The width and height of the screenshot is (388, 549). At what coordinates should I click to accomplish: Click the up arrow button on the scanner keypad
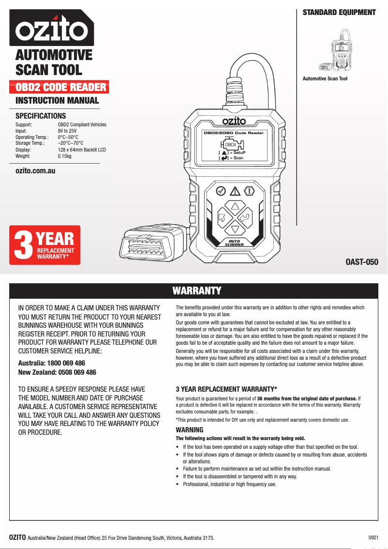(x=235, y=206)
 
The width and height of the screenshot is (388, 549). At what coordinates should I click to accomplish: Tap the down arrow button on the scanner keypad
(x=235, y=229)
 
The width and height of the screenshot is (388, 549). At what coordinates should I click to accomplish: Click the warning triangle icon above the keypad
(x=235, y=190)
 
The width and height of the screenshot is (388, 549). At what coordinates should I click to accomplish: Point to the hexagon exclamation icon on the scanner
(x=250, y=191)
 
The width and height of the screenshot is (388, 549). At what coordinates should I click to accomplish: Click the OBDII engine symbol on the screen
(x=232, y=145)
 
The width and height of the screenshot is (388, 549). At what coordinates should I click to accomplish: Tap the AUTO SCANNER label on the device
(x=234, y=243)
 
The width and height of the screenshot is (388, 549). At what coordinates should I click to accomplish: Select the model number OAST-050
(x=361, y=263)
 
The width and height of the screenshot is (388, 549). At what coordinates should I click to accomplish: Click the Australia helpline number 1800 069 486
(x=67, y=363)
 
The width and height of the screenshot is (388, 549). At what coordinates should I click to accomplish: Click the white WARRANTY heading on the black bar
(x=196, y=290)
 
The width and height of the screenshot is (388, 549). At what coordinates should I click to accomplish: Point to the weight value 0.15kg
(x=64, y=156)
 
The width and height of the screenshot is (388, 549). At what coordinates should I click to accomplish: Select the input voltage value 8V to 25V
(x=67, y=131)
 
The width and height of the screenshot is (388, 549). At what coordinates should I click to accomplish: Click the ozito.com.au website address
(x=35, y=171)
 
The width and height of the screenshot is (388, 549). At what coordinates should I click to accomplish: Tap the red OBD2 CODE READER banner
(x=60, y=88)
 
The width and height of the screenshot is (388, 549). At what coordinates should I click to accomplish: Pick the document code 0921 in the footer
(x=373, y=537)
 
